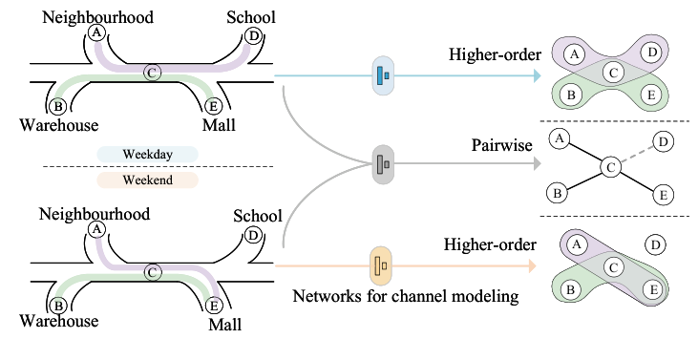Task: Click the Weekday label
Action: [x=146, y=154]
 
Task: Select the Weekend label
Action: [x=146, y=180]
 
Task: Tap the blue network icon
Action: [x=382, y=75]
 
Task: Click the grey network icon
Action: [x=382, y=163]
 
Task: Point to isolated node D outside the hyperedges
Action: [x=656, y=246]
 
